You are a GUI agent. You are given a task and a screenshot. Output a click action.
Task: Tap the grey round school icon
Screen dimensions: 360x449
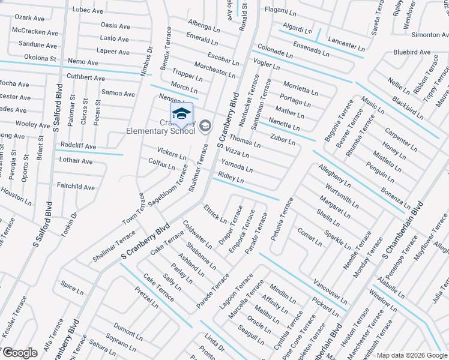pyautogui.click(x=205, y=125)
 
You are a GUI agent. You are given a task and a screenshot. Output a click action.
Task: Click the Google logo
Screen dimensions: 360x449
pyautogui.click(x=19, y=353)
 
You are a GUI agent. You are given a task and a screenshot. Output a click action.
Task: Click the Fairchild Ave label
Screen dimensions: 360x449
pyautogui.click(x=76, y=187)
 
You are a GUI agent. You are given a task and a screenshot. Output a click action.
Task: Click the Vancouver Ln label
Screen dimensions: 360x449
pyautogui.click(x=330, y=290)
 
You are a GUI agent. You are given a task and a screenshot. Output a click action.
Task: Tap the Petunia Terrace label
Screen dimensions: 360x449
pyautogui.click(x=282, y=219)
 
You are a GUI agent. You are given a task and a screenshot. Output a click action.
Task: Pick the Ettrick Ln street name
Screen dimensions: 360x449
pyautogui.click(x=214, y=215)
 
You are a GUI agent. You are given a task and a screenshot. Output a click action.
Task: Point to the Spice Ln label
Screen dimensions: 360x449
pyautogui.click(x=72, y=289)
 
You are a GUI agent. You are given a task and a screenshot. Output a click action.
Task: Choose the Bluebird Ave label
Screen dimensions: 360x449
pyautogui.click(x=412, y=52)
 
